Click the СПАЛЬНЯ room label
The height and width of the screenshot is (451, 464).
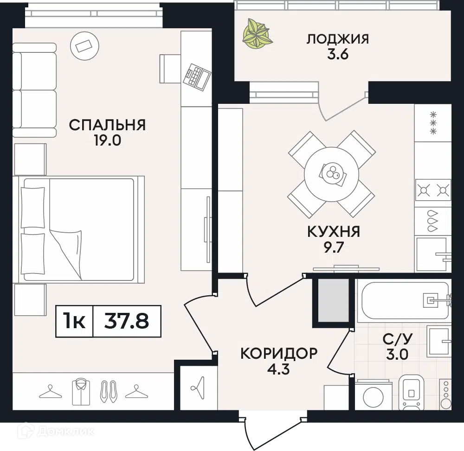click(107, 125)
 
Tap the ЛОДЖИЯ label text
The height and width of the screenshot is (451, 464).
click(338, 39)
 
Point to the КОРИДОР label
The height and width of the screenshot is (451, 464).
click(279, 353)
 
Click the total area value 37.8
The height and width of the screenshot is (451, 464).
click(127, 321)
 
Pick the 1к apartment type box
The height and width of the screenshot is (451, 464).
click(75, 321)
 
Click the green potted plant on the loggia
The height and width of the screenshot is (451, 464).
click(256, 34)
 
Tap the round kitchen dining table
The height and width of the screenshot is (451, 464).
click(331, 175)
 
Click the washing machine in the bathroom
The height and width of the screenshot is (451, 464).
click(374, 395)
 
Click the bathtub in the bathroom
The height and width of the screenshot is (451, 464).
click(404, 300)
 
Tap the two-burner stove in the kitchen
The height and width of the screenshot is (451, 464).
click(433, 190)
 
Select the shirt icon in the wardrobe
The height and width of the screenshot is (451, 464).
click(81, 392)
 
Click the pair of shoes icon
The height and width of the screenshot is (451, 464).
click(109, 392)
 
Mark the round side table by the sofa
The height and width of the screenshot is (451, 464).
click(84, 46)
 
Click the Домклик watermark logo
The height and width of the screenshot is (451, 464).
click(56, 432)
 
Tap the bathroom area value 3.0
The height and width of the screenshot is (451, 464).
click(397, 354)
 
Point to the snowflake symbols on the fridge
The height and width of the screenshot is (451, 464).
click(433, 123)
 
